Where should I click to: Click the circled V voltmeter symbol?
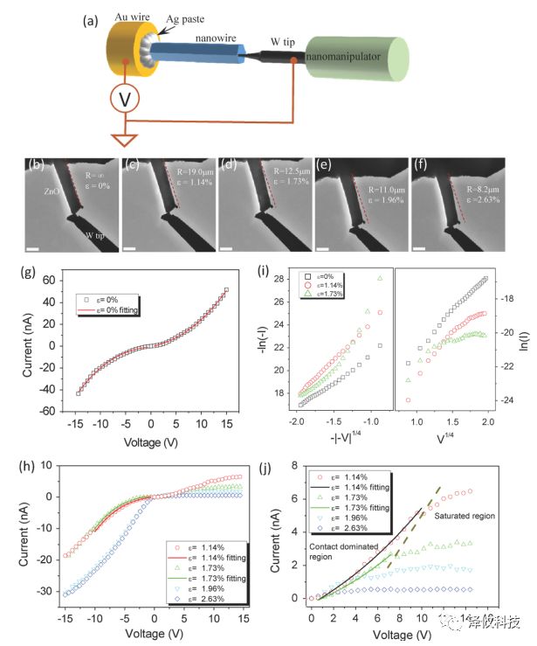[x=127, y=101]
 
